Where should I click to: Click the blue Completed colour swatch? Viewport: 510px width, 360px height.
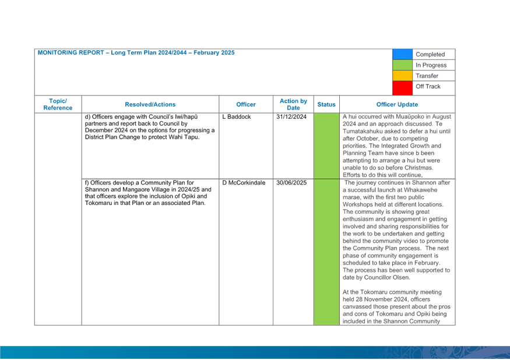point(402,54)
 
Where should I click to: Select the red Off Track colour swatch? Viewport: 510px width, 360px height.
point(402,88)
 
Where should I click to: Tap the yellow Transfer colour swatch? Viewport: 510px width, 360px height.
point(402,76)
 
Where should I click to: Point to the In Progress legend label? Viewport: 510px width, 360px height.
point(431,65)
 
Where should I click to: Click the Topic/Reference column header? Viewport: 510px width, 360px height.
point(58,104)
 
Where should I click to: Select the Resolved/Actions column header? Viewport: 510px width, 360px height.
point(150,104)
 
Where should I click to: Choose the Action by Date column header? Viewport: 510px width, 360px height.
point(293,104)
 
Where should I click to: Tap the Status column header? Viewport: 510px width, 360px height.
point(326,104)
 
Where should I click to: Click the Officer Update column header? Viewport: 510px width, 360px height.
point(397,104)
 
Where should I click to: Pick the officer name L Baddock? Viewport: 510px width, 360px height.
point(237,117)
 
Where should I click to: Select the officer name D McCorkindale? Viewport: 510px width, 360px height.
point(244,183)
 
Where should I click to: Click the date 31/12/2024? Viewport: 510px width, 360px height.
point(291,117)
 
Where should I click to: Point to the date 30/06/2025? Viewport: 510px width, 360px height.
point(291,183)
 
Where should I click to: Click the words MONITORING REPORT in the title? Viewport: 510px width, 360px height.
point(71,52)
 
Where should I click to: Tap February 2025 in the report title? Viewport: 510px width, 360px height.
point(214,52)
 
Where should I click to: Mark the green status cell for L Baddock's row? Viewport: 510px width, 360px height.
point(326,146)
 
